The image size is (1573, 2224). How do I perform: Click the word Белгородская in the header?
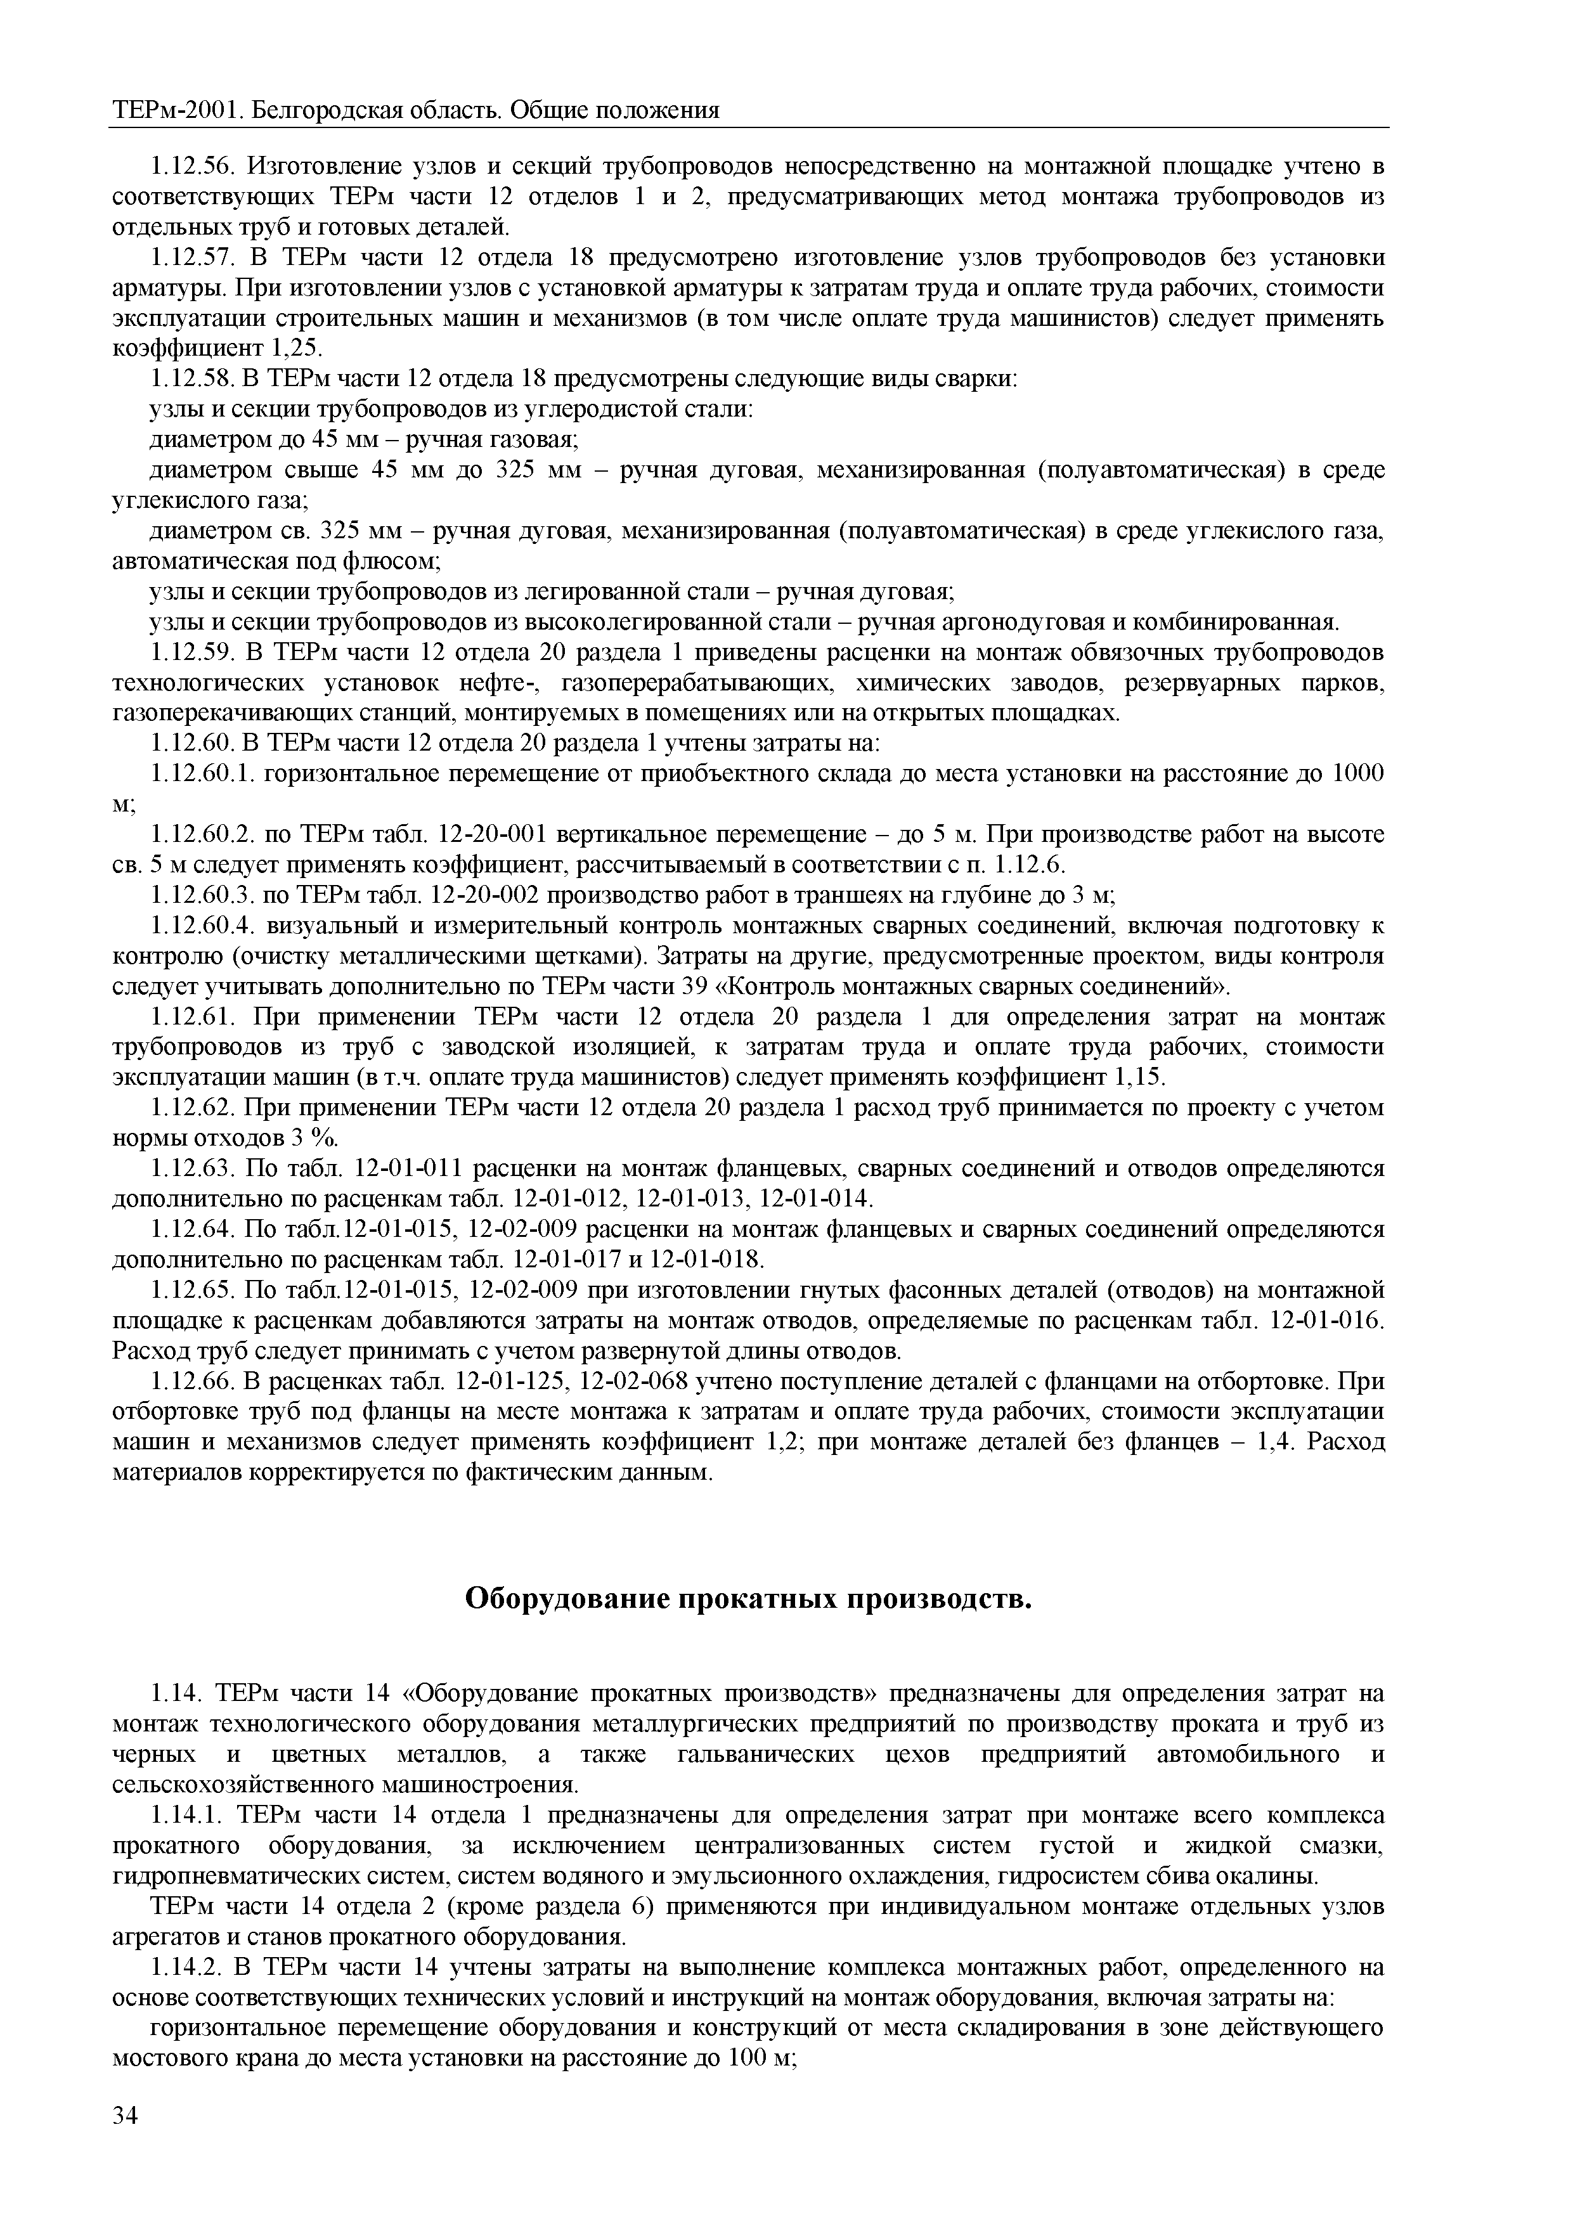(x=320, y=110)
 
